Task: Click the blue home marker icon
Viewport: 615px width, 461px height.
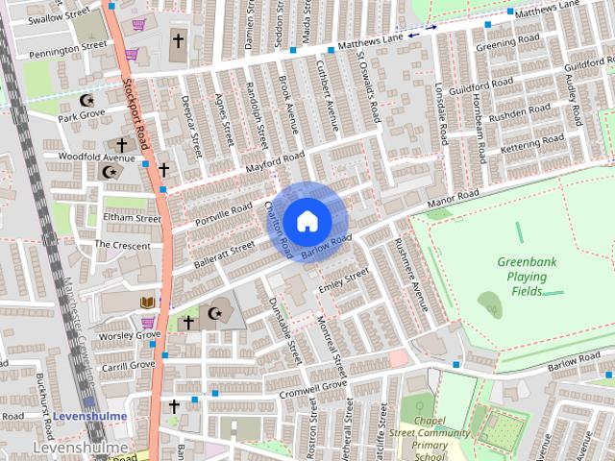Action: [x=307, y=221]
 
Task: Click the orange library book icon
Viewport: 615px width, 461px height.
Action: [x=147, y=303]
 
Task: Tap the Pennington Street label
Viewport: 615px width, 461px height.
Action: [x=67, y=47]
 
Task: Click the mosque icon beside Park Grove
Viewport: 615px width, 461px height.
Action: [x=88, y=100]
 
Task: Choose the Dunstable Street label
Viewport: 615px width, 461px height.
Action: [x=287, y=328]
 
